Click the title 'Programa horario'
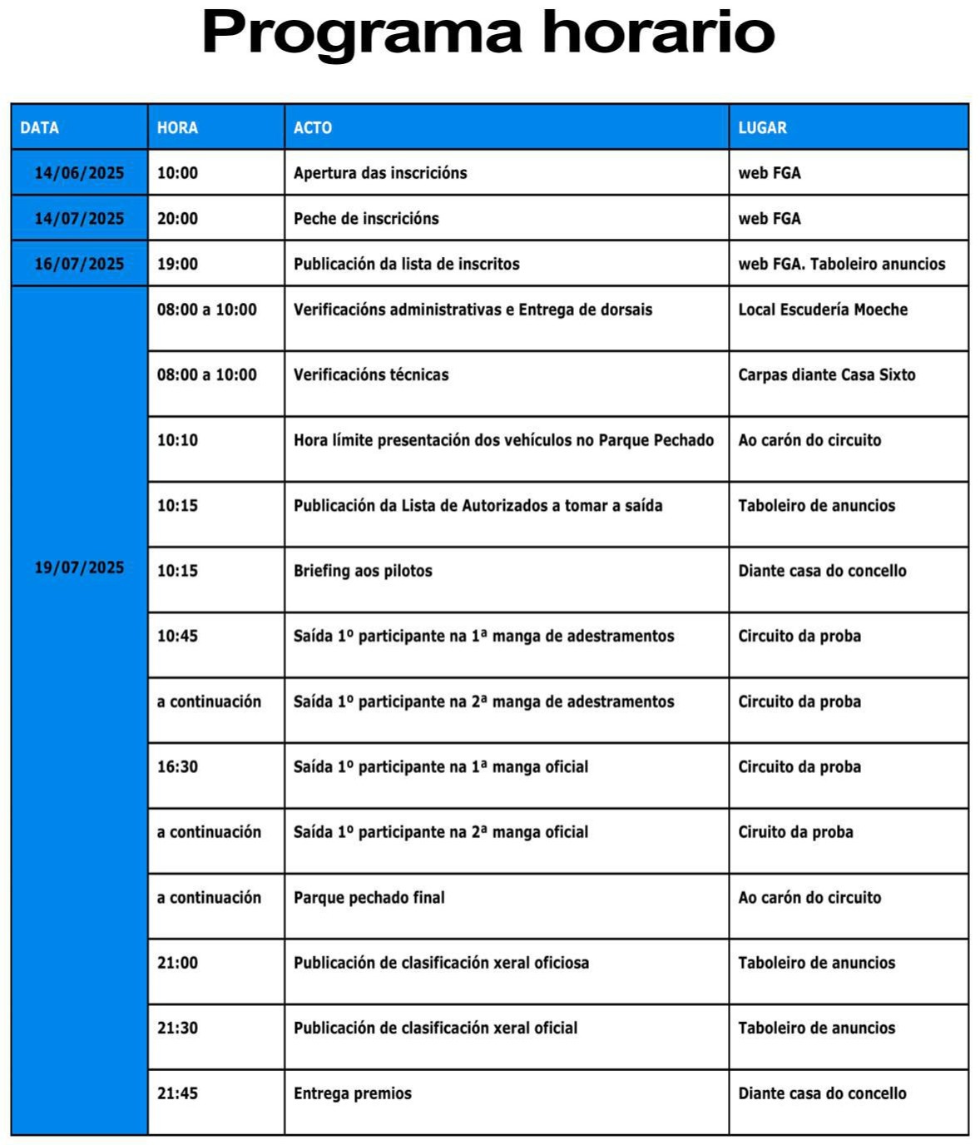point(488,33)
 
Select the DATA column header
point(40,127)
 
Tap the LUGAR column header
point(762,127)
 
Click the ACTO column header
point(313,127)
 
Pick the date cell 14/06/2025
point(79,173)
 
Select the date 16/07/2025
point(79,264)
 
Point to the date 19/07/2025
point(79,568)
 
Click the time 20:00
point(178,219)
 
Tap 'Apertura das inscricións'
point(380,173)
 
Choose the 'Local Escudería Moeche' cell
point(823,310)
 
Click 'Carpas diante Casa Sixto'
point(826,375)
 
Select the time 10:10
point(178,440)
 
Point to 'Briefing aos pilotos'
point(363,571)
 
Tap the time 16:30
point(178,766)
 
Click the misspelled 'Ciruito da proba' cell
point(795,832)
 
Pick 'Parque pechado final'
point(369,897)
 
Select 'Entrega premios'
point(353,1093)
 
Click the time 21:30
point(178,1028)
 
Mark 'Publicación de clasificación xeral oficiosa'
point(441,963)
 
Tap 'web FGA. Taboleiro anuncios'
point(842,264)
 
